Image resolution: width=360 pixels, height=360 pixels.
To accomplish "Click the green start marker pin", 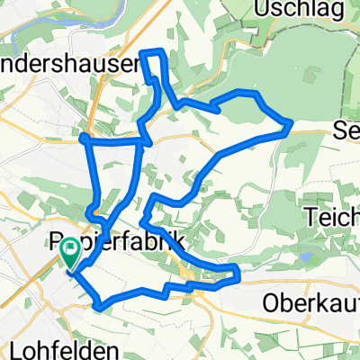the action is click(69, 256).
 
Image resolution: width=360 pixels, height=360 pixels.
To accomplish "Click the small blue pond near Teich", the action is click(305, 256).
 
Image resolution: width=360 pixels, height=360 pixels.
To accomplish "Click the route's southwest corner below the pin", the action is click(96, 308).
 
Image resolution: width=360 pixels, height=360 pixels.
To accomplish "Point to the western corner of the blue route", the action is click(82, 137).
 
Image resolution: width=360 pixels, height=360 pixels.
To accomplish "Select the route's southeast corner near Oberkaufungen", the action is click(238, 273).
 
